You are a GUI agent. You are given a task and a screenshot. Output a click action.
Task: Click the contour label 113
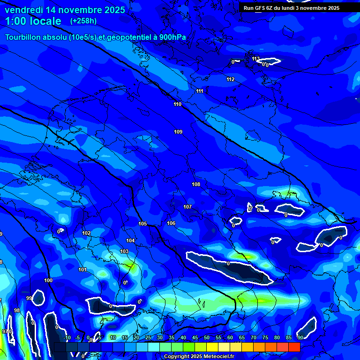[255, 59]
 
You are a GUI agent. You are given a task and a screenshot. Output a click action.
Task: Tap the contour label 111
[200, 91]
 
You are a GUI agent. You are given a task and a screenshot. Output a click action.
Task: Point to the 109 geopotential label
[178, 132]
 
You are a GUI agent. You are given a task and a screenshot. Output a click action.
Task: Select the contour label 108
[196, 184]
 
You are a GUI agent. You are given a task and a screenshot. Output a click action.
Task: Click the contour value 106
[171, 223]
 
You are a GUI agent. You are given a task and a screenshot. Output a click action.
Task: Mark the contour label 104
[130, 240]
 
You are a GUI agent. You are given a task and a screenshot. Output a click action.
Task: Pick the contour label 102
[86, 233]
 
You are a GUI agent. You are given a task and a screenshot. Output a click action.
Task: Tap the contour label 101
[82, 270]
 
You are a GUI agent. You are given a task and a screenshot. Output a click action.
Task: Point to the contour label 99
[29, 298]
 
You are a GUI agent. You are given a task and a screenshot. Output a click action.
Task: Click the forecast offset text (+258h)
[83, 21]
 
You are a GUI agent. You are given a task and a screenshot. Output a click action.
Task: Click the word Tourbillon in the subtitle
[24, 37]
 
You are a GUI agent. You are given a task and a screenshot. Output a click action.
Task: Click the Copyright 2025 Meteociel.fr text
[199, 357]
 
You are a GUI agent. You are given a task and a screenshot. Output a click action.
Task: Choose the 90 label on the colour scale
[300, 337]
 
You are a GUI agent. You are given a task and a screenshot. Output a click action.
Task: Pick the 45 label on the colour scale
[195, 337]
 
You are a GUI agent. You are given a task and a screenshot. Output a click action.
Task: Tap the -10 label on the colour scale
[67, 337]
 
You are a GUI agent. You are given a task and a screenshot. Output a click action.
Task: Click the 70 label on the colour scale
[254, 337]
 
